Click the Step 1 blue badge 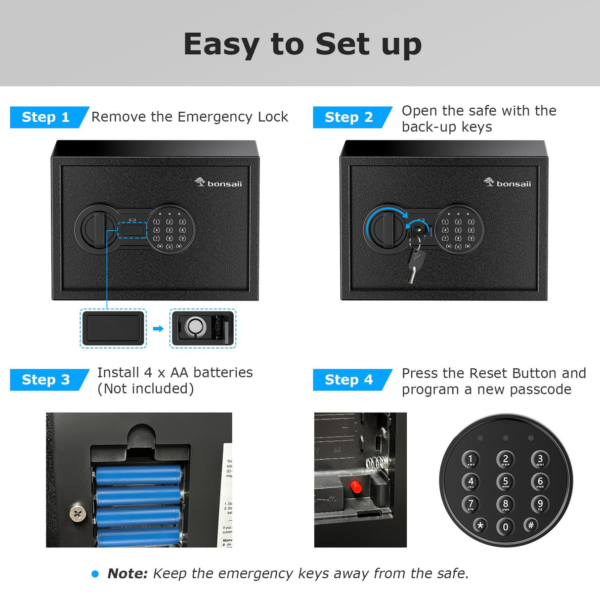coord(46,117)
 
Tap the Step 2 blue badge coord(349,117)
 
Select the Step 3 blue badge coord(46,380)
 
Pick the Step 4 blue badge coord(349,380)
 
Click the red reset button coord(355,487)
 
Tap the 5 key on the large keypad coord(505,481)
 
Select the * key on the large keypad coord(480,525)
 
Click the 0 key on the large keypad coord(505,527)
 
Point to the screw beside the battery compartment coord(77,514)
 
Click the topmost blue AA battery coord(138,475)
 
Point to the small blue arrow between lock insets coord(158,329)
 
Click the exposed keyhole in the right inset coord(195,327)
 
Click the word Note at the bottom coord(127,573)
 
